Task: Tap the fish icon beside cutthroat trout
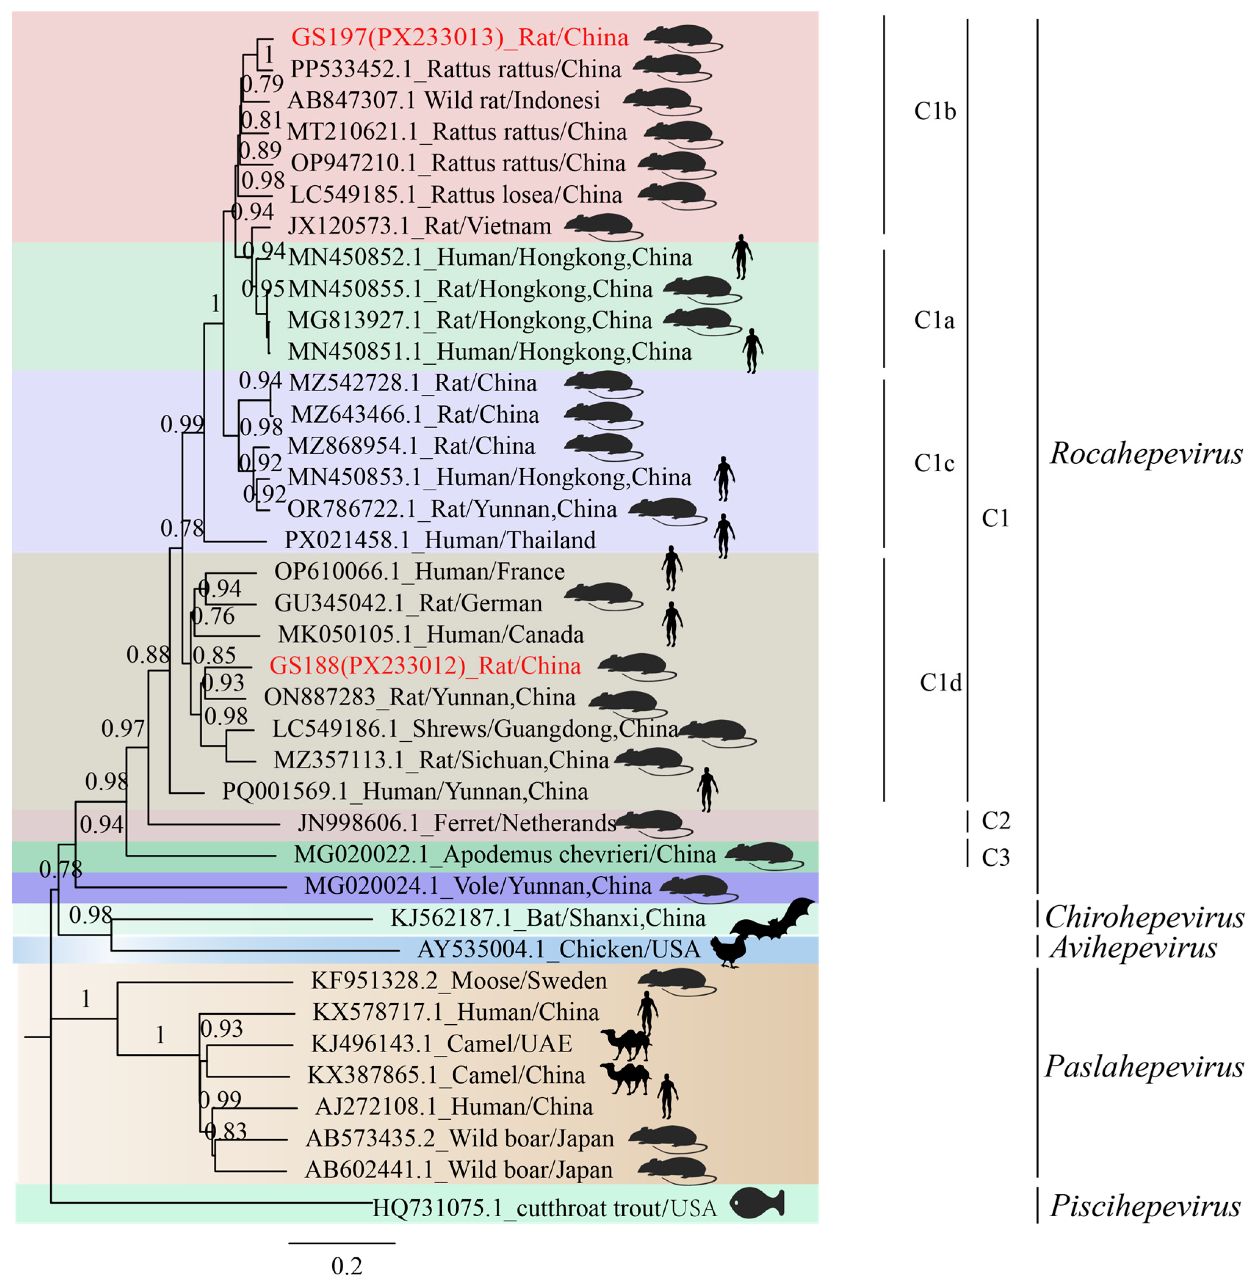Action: (758, 1203)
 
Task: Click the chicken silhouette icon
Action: (729, 951)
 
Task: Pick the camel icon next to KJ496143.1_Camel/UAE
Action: (625, 1043)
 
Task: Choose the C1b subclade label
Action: (934, 111)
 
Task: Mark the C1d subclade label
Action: (941, 683)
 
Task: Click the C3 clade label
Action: (995, 858)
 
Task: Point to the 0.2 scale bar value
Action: (346, 1265)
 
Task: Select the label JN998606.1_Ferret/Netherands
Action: (457, 823)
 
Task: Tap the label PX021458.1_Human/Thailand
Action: (439, 540)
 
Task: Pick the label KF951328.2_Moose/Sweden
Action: (459, 981)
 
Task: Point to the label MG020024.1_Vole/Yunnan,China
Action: (478, 886)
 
